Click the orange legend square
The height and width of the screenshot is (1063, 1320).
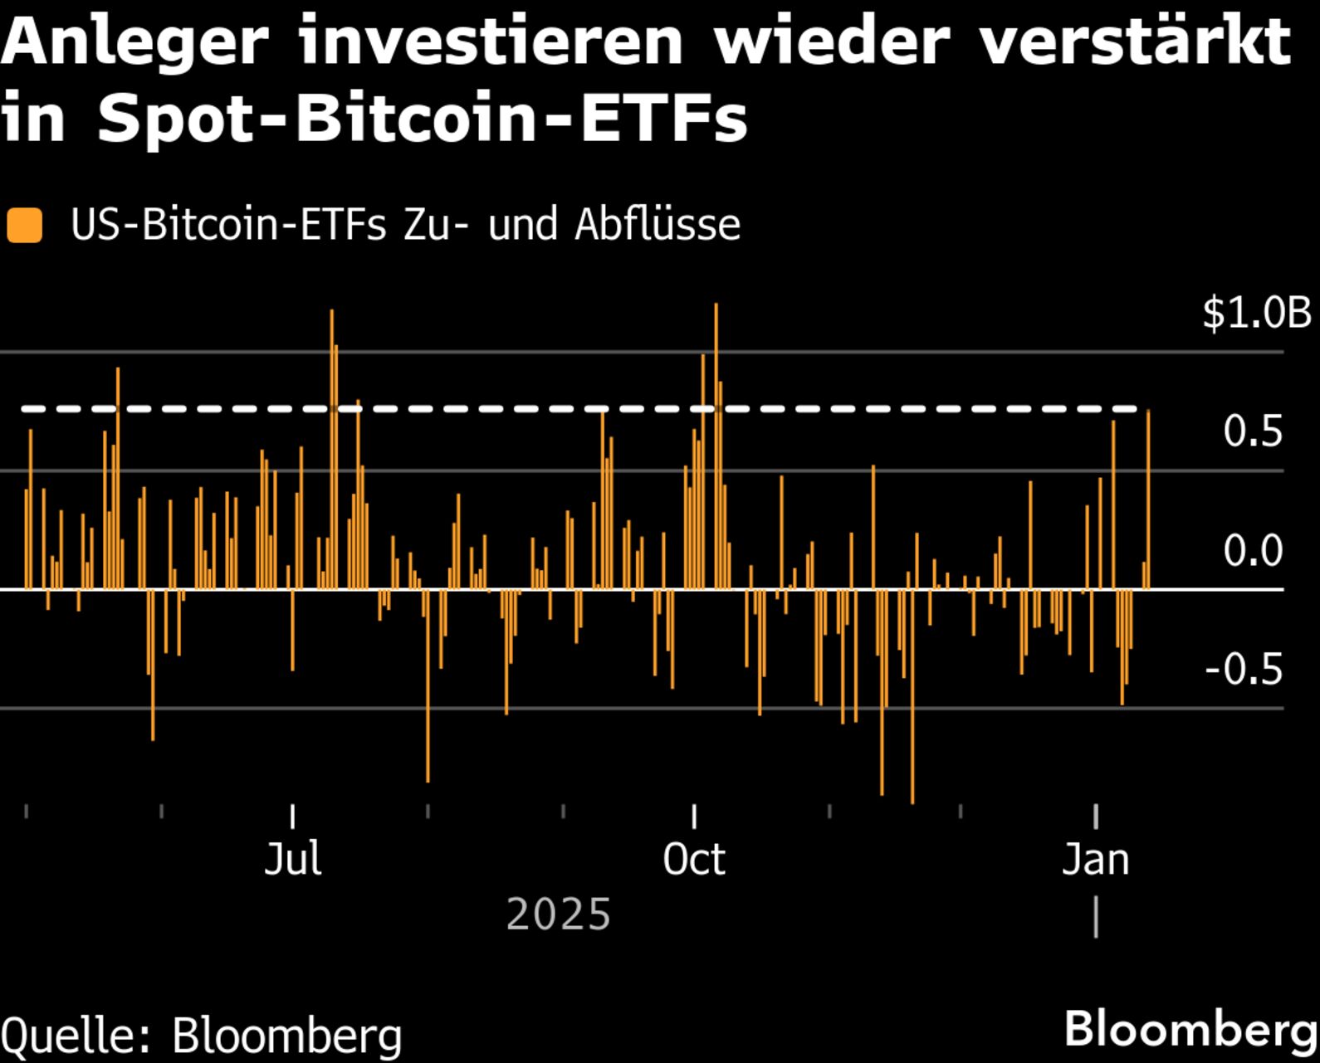pyautogui.click(x=24, y=226)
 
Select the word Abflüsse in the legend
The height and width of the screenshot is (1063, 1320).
pyautogui.click(x=657, y=225)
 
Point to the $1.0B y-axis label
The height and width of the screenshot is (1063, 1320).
pyautogui.click(x=1256, y=314)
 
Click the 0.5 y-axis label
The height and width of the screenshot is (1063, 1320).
pyautogui.click(x=1252, y=432)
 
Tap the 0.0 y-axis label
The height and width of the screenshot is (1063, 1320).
pyautogui.click(x=1252, y=551)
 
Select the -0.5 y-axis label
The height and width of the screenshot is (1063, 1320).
pyautogui.click(x=1243, y=670)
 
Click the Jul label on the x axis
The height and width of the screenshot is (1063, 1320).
pyautogui.click(x=292, y=859)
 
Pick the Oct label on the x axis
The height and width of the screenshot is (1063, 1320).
pyautogui.click(x=693, y=859)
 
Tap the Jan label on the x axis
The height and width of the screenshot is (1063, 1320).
pyautogui.click(x=1095, y=859)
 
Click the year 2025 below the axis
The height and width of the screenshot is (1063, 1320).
pyautogui.click(x=558, y=914)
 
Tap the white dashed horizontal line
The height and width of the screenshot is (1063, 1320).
pyautogui.click(x=498, y=409)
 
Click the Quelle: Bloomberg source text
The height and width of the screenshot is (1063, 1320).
pyautogui.click(x=201, y=1036)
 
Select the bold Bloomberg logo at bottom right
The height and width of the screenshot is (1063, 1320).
pyautogui.click(x=1190, y=1029)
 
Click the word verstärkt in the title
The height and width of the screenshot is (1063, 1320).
pyautogui.click(x=1136, y=43)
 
